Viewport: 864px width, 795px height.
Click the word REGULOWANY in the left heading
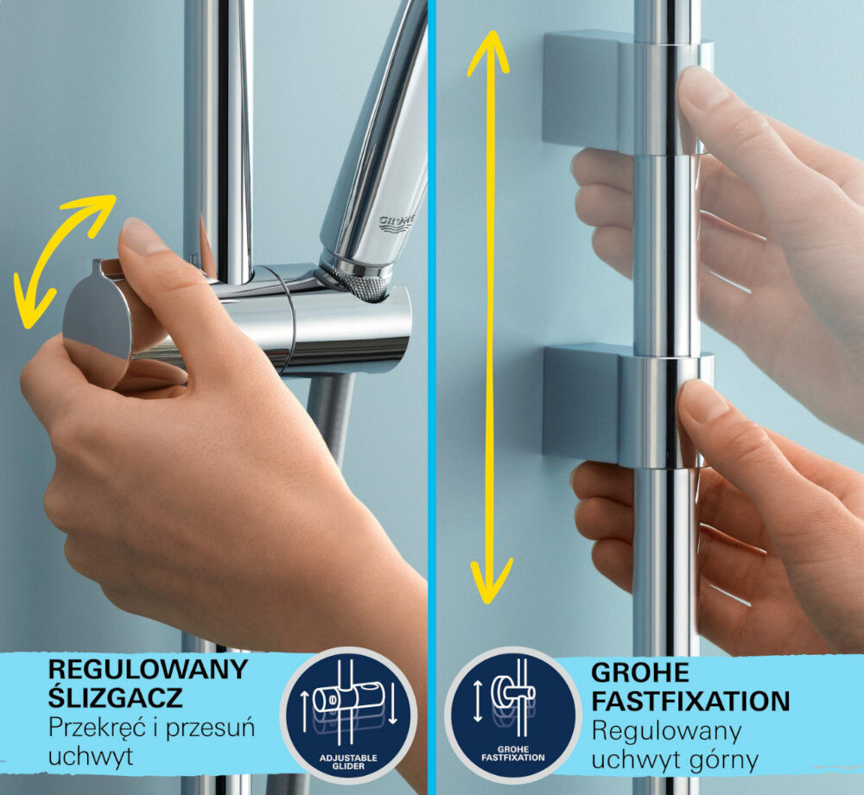(x=147, y=669)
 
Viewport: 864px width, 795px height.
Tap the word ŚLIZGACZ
(x=114, y=698)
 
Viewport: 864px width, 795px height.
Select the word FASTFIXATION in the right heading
(x=689, y=700)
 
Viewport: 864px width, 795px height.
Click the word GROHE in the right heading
(x=639, y=672)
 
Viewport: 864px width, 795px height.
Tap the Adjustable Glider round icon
(x=348, y=714)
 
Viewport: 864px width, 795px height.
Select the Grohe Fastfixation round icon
(x=513, y=714)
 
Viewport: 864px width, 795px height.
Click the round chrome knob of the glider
(x=97, y=317)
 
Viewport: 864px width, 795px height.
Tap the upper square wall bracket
(x=583, y=91)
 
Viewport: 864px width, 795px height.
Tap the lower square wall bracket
(x=583, y=402)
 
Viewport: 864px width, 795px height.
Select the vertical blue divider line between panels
(x=432, y=346)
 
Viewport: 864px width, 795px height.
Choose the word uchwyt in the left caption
(x=90, y=757)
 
